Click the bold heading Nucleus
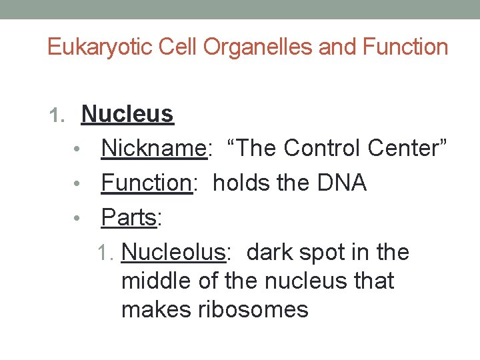click(x=127, y=115)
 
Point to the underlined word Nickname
click(x=154, y=149)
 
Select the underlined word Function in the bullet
click(x=147, y=183)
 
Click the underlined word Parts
click(x=128, y=217)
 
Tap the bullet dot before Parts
click(x=87, y=218)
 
